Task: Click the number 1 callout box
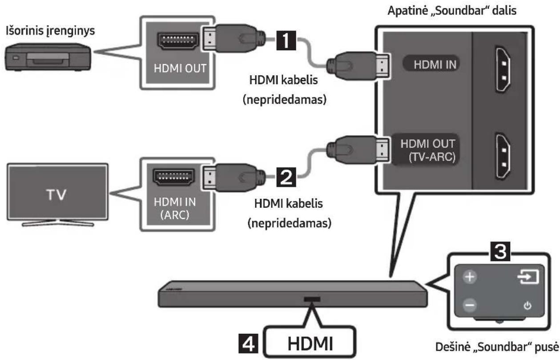click(x=286, y=40)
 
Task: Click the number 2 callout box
click(x=286, y=177)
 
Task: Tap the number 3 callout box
click(x=500, y=251)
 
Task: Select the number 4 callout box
click(x=248, y=344)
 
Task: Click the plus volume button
click(x=470, y=277)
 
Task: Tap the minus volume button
click(x=470, y=305)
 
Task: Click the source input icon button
click(x=528, y=277)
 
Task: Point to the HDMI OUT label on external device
click(x=180, y=68)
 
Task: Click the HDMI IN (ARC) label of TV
click(x=175, y=208)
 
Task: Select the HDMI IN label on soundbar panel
click(x=435, y=65)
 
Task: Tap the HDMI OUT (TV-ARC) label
click(x=428, y=150)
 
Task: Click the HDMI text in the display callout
click(x=310, y=344)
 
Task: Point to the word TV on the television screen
click(x=56, y=194)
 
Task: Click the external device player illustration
click(x=48, y=57)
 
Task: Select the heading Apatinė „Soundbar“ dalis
click(x=452, y=11)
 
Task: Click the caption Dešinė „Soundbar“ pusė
click(x=497, y=347)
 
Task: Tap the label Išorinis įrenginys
click(x=50, y=31)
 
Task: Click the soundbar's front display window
click(x=312, y=299)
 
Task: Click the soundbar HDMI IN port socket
click(x=503, y=70)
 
